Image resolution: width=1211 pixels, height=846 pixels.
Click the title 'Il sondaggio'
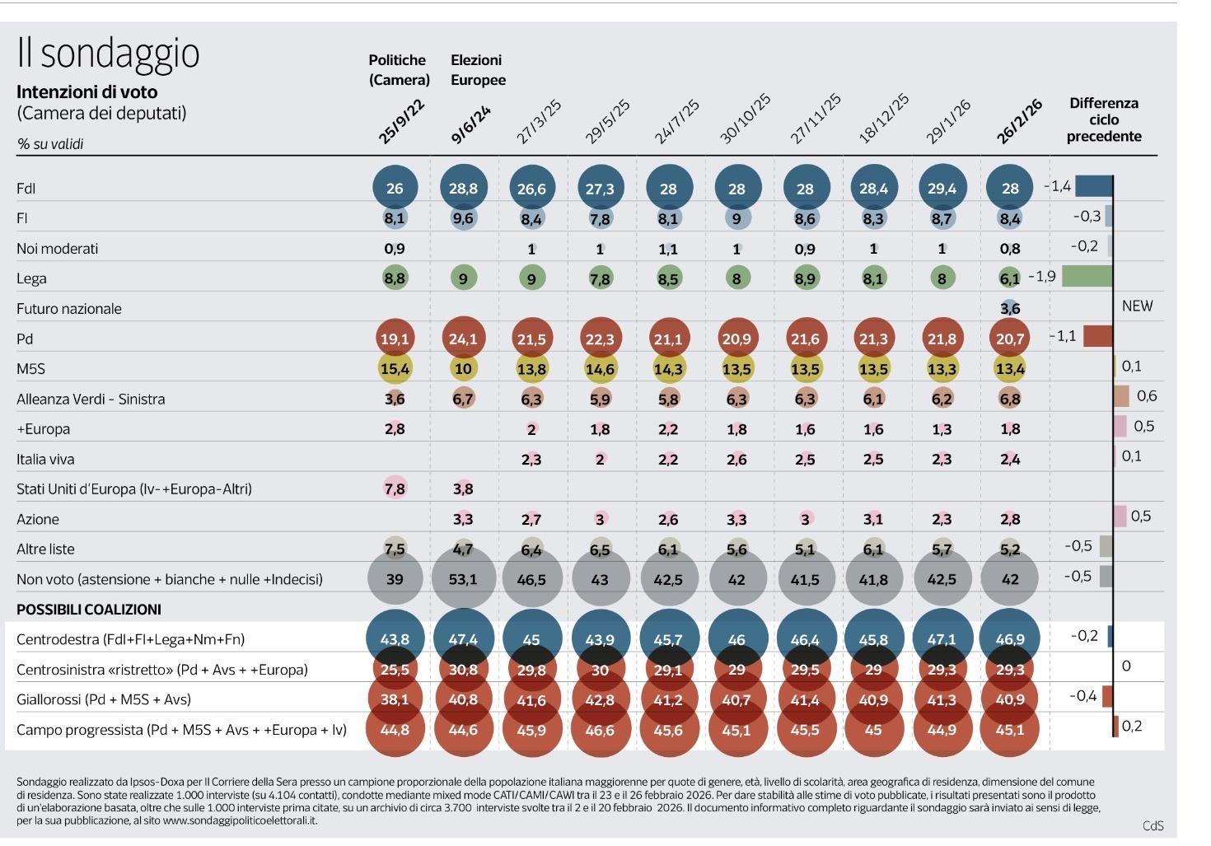108,54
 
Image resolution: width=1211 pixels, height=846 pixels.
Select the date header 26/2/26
1020,122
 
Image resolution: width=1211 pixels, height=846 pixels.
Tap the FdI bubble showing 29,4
942,189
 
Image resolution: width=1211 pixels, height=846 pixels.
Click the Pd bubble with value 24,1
463,339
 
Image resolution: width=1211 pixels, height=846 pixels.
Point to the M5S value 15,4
395,369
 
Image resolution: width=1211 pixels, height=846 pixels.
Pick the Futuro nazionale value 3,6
1010,308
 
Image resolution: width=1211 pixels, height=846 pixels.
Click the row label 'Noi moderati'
57,249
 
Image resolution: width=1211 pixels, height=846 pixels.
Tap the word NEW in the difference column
1137,306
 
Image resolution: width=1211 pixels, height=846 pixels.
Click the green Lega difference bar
1087,276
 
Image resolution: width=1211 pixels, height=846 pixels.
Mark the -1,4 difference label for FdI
1057,186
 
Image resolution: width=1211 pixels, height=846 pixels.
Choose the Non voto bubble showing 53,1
463,579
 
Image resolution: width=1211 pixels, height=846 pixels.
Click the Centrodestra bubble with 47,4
463,639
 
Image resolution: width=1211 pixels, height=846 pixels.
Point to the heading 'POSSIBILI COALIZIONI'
89,610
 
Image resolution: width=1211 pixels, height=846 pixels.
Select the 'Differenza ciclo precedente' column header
1103,119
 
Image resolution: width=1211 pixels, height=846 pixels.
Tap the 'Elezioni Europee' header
477,70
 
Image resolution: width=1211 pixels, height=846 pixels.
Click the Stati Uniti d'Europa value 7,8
395,488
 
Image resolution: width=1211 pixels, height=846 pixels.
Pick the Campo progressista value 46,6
600,730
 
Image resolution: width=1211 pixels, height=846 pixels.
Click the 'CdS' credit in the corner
1153,825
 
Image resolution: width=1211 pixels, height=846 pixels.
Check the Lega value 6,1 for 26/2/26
1010,278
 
